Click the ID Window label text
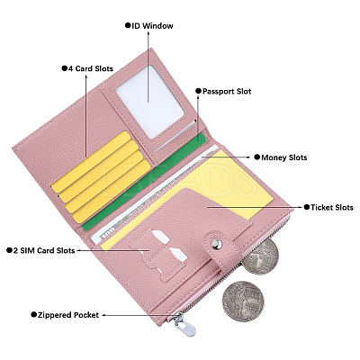click(152, 26)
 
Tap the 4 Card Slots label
click(91, 68)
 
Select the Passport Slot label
click(227, 91)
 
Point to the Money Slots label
click(284, 157)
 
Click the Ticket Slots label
click(332, 207)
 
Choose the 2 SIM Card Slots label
click(44, 250)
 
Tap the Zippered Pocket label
click(68, 315)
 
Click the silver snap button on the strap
click(216, 244)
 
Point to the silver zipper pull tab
click(184, 325)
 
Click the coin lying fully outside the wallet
click(243, 301)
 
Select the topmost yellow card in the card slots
click(91, 162)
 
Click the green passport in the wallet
click(144, 182)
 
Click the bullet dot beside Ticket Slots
click(307, 207)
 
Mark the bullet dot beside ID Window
click(128, 25)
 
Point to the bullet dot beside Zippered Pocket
click(33, 315)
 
